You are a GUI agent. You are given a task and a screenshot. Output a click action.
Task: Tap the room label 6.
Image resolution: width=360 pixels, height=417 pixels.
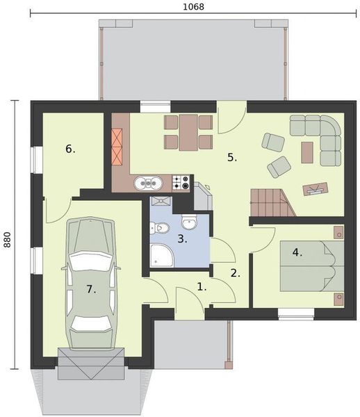point(70,149)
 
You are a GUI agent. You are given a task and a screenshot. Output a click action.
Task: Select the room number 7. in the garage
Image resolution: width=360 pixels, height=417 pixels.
point(91,287)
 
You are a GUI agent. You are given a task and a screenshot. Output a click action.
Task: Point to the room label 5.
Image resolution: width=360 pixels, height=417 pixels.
point(232,157)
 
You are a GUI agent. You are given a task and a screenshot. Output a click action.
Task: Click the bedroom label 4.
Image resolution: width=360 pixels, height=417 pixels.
point(297,252)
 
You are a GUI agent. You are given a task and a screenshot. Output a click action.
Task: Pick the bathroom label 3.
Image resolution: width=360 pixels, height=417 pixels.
point(182,239)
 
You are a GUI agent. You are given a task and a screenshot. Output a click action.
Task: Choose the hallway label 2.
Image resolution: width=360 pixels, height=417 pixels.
point(236,273)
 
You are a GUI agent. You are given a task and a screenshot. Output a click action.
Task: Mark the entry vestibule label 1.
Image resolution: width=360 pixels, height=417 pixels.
point(202,286)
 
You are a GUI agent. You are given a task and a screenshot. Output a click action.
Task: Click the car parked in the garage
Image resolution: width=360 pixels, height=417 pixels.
point(90,281)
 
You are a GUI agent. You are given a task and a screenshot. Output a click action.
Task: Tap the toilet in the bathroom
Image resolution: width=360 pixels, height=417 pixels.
point(160,227)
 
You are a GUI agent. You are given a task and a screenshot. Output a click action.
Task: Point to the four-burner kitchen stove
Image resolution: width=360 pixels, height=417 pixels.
point(182,182)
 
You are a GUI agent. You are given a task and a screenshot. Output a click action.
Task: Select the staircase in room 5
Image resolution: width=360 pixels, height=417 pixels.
point(268,202)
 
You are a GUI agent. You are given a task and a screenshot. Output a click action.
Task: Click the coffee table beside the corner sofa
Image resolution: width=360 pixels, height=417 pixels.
point(306,152)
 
